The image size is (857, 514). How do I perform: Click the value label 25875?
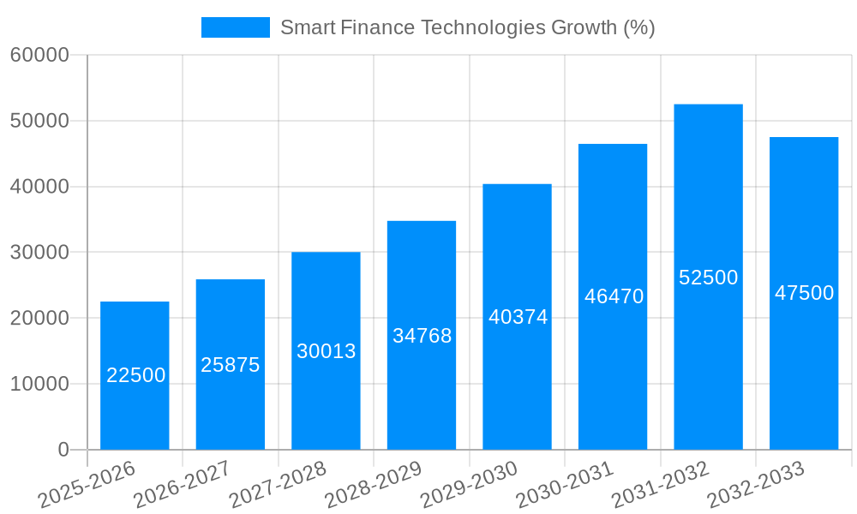pyautogui.click(x=230, y=365)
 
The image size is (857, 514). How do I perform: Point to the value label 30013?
pyautogui.click(x=326, y=351)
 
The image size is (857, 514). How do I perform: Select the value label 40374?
pyautogui.click(x=518, y=317)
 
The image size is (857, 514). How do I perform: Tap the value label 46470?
pyautogui.click(x=614, y=296)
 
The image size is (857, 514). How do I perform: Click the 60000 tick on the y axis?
pyautogui.click(x=39, y=56)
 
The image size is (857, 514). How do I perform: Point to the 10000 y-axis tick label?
pyautogui.click(x=39, y=384)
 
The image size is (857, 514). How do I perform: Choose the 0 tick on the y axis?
pyautogui.click(x=63, y=450)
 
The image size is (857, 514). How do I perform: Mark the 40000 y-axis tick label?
pyautogui.click(x=39, y=187)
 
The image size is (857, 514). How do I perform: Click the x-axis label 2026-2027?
pyautogui.click(x=182, y=484)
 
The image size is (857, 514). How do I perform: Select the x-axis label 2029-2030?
pyautogui.click(x=470, y=484)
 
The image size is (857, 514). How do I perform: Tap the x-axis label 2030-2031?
pyautogui.click(x=566, y=484)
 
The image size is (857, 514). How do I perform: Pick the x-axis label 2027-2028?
pyautogui.click(x=278, y=484)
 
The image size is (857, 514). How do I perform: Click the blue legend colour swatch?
pyautogui.click(x=235, y=27)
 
